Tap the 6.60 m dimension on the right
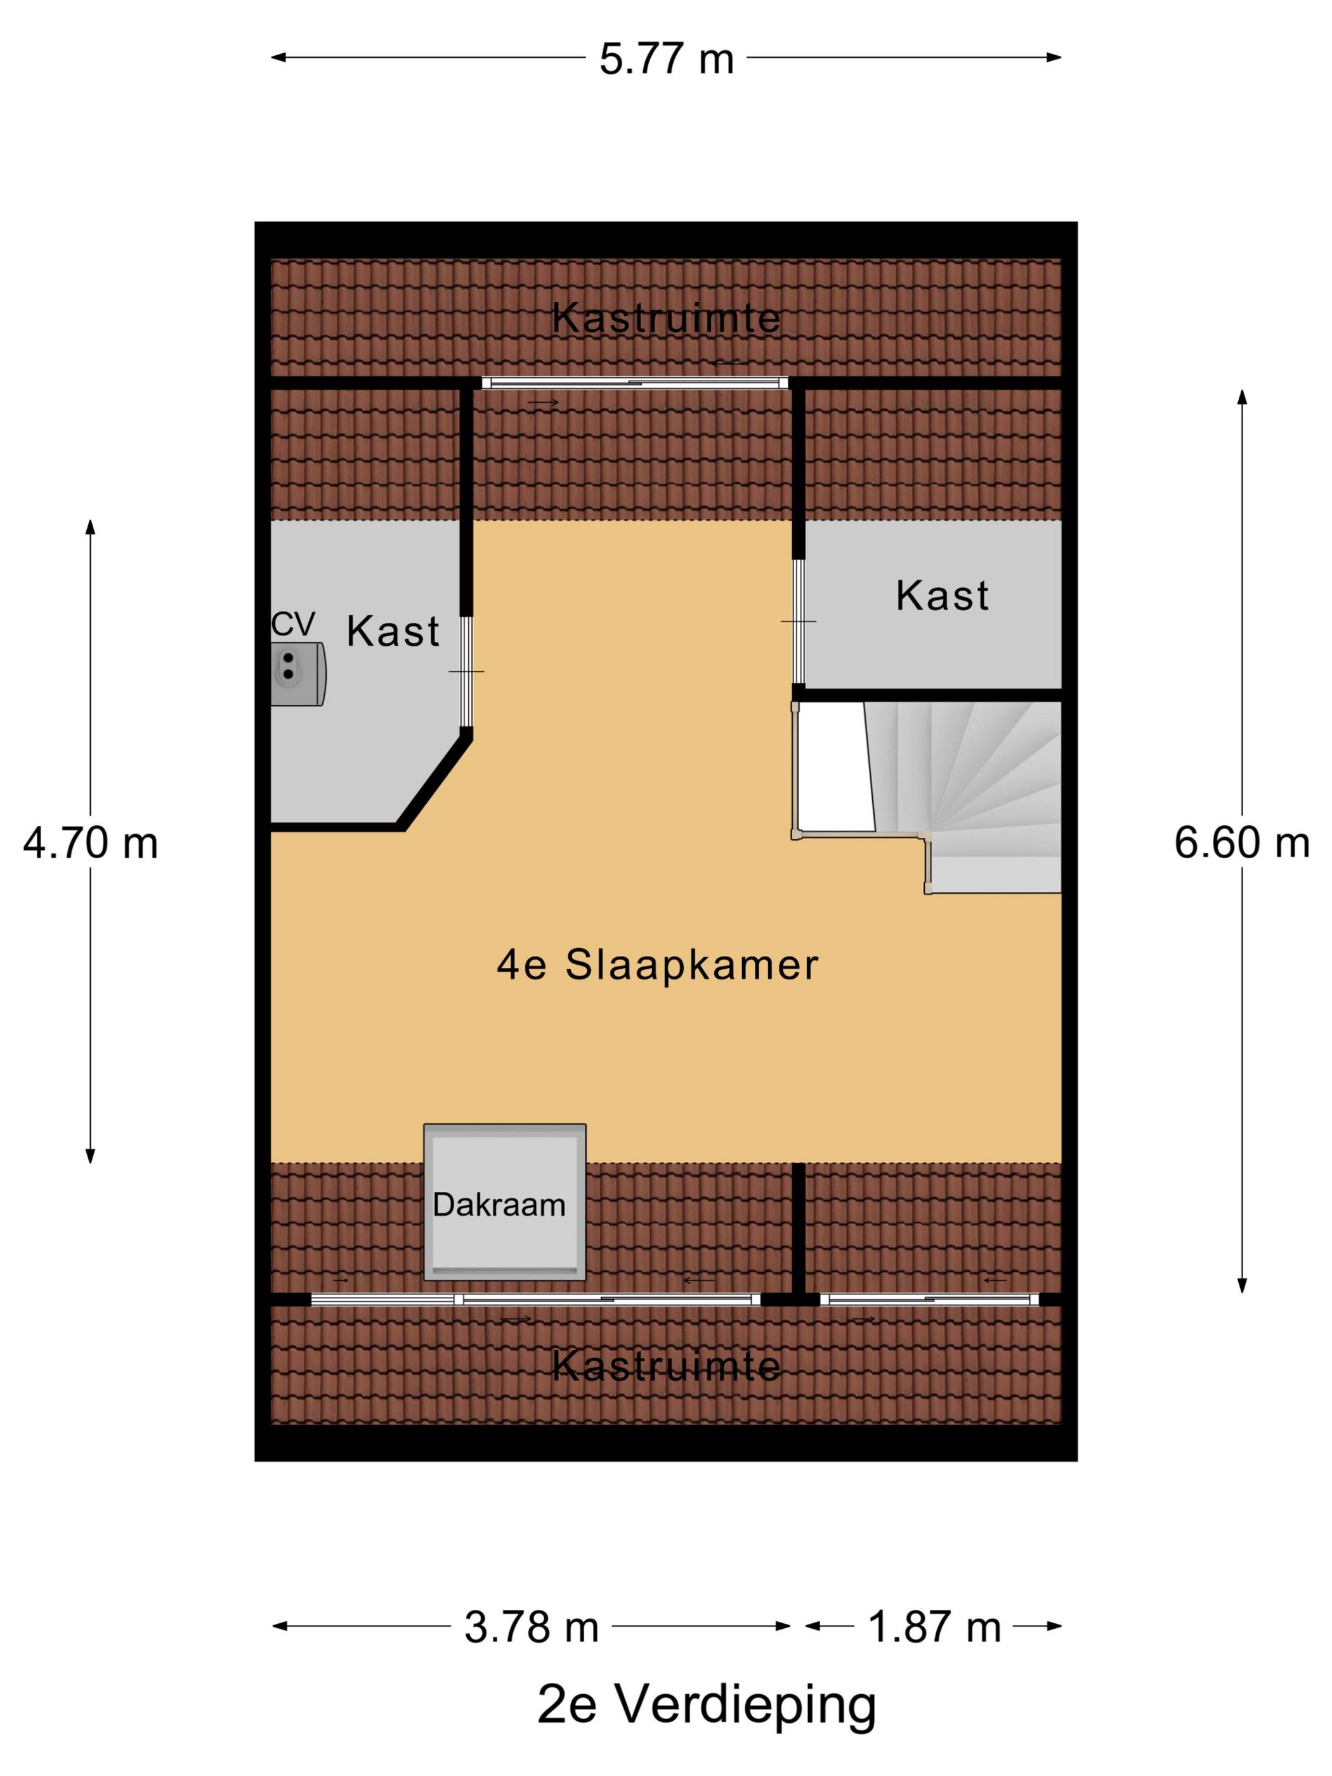click(1241, 843)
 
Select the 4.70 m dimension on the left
click(90, 844)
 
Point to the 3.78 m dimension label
click(531, 1628)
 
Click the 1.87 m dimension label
click(934, 1628)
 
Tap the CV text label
click(292, 624)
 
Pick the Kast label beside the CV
click(393, 632)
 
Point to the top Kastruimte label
click(665, 318)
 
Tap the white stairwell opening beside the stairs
click(833, 767)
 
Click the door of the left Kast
click(466, 671)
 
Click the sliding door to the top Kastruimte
click(634, 383)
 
